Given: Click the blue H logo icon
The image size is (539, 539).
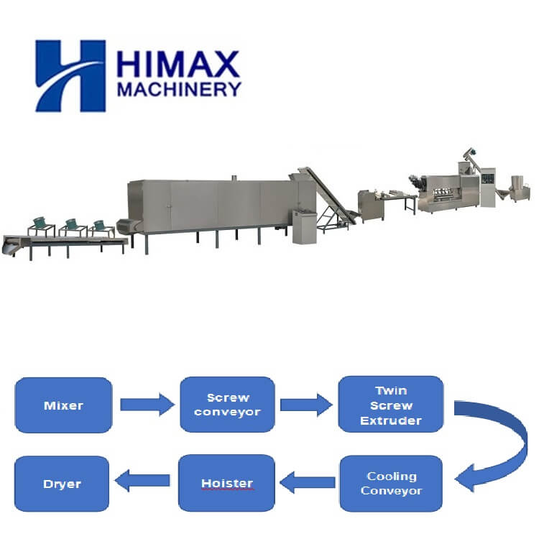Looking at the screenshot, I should click(x=70, y=75).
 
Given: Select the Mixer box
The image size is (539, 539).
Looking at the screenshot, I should click(x=63, y=405).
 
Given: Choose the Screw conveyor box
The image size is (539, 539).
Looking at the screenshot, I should click(x=227, y=405).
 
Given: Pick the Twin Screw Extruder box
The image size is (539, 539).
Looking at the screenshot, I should click(x=391, y=405).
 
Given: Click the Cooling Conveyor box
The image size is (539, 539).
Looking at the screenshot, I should click(x=391, y=484).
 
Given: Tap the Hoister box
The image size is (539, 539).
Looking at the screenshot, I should click(x=226, y=484).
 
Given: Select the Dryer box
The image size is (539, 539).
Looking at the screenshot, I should click(x=63, y=484).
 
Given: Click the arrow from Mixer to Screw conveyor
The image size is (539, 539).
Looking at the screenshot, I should click(x=147, y=405).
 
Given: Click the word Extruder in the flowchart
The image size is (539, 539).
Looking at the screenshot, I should click(x=391, y=420).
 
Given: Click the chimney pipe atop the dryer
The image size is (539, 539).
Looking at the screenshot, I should click(x=234, y=176).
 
